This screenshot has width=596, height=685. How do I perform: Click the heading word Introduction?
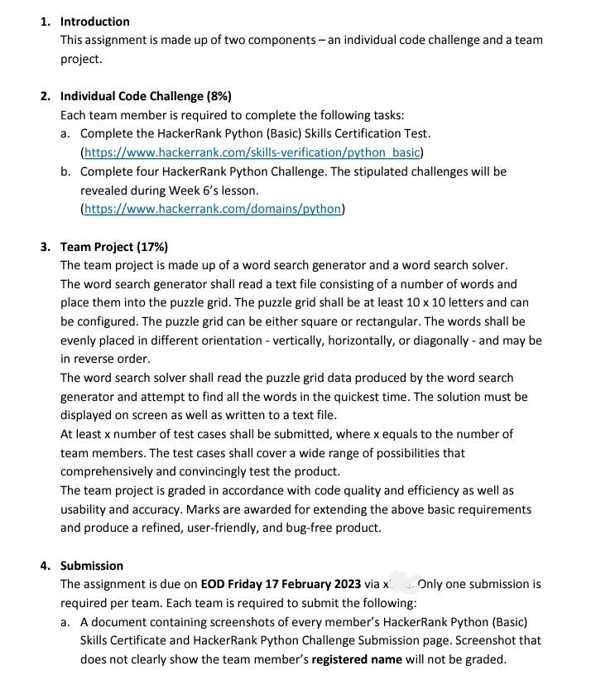click(94, 22)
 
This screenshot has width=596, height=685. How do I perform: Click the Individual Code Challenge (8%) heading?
click(146, 96)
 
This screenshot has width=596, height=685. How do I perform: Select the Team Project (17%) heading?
click(114, 247)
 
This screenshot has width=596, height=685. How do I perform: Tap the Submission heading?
click(91, 566)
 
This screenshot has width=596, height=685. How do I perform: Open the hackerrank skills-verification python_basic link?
click(252, 152)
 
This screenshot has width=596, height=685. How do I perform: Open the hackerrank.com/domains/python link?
click(213, 209)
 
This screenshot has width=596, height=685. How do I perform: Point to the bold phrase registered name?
click(357, 659)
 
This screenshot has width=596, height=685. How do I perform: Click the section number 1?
click(45, 22)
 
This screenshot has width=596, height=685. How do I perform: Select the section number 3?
click(45, 247)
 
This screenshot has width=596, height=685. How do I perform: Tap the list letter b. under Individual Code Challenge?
click(65, 171)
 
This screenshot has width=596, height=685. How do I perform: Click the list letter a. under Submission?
click(65, 621)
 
